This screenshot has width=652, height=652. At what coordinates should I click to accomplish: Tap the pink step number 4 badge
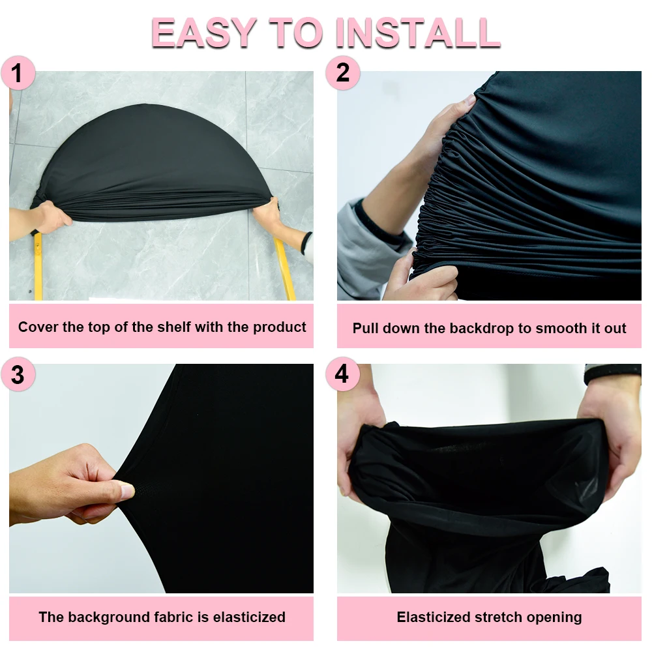pos(342,376)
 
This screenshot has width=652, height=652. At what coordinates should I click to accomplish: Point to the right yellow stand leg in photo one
pos(285,267)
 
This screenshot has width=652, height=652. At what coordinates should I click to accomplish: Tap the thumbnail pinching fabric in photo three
pos(128,491)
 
